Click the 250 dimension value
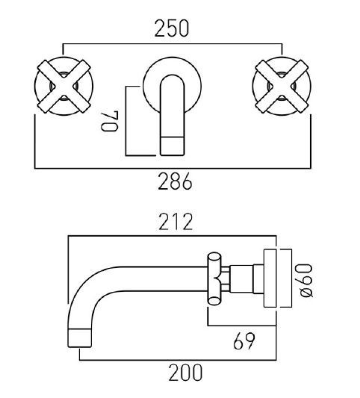172,28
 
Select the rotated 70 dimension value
111,118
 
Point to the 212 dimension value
176,222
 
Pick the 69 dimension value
244,341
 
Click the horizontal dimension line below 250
172,43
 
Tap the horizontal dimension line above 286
172,166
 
